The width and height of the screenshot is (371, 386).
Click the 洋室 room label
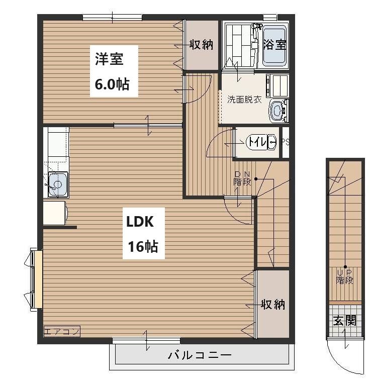pyautogui.click(x=109, y=59)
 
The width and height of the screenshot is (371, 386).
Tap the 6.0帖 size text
pyautogui.click(x=112, y=84)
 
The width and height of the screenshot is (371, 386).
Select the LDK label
pyautogui.click(x=140, y=222)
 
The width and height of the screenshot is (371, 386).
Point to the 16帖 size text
pyautogui.click(x=143, y=246)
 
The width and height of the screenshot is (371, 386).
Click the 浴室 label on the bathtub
pyautogui.click(x=274, y=44)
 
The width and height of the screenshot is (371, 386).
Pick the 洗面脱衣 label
pyautogui.click(x=244, y=100)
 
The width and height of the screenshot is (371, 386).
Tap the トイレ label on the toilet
pyautogui.click(x=257, y=142)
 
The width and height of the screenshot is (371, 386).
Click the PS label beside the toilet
pyautogui.click(x=286, y=142)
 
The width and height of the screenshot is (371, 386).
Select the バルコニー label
pyautogui.click(x=200, y=355)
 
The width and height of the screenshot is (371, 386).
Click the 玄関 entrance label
pyautogui.click(x=345, y=321)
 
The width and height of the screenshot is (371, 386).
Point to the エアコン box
pyautogui.click(x=62, y=331)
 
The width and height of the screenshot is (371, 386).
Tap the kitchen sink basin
pyautogui.click(x=58, y=184)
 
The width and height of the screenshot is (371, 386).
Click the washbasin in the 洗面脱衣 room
pyautogui.click(x=278, y=111)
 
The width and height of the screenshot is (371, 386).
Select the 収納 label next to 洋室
pyautogui.click(x=201, y=45)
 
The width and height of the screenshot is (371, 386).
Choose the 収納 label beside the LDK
pyautogui.click(x=273, y=304)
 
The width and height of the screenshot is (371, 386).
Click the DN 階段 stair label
pyautogui.click(x=242, y=179)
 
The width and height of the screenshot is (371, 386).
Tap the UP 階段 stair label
pyautogui.click(x=345, y=277)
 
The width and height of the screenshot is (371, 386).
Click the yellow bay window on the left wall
pyautogui.click(x=38, y=279)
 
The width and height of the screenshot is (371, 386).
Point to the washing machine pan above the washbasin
pyautogui.click(x=277, y=86)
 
